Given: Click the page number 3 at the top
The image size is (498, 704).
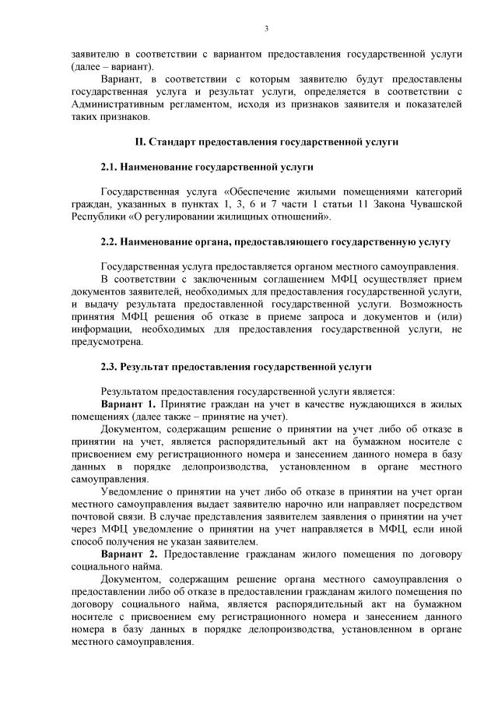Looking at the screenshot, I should point(266,29).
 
